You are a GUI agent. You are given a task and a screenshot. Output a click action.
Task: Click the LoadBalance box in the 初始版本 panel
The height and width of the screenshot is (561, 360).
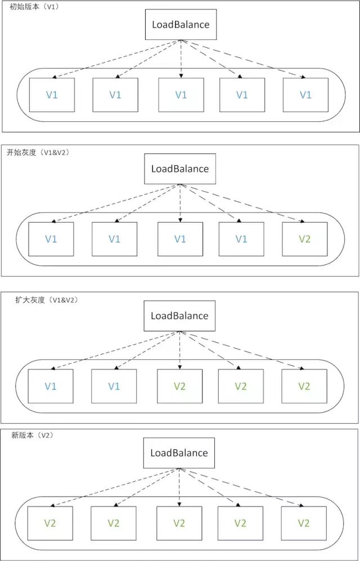pyautogui.click(x=181, y=25)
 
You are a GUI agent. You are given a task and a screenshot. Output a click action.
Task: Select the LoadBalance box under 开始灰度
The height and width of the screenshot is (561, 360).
pyautogui.click(x=180, y=169)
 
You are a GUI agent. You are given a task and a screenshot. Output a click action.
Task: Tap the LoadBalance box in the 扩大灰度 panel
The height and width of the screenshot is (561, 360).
pyautogui.click(x=179, y=315)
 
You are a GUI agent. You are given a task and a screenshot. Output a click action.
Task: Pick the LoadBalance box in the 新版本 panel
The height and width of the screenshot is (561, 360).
pyautogui.click(x=179, y=453)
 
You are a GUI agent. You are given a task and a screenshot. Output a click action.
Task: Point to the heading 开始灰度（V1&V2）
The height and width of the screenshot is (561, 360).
pyautogui.click(x=37, y=152)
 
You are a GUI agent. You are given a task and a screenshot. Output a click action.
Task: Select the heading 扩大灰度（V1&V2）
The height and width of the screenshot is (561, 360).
pyautogui.click(x=46, y=300)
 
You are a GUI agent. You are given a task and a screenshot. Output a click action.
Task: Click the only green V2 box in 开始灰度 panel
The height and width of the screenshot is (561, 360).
pyautogui.click(x=304, y=239)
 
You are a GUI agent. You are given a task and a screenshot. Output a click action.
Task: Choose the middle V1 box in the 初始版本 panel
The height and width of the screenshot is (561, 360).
pyautogui.click(x=181, y=95)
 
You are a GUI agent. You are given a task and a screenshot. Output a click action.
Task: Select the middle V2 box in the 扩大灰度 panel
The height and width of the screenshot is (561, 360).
pyautogui.click(x=241, y=386)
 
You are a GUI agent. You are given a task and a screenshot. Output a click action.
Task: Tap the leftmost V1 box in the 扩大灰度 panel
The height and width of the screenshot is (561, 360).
pyautogui.click(x=51, y=386)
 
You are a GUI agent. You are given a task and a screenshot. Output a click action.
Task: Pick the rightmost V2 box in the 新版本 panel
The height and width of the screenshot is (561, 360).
pyautogui.click(x=304, y=523)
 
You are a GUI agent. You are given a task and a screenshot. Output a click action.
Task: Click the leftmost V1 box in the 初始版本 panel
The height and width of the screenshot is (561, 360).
pyautogui.click(x=52, y=95)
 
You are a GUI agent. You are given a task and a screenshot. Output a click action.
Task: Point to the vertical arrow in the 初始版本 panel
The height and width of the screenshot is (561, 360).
pyautogui.click(x=181, y=59)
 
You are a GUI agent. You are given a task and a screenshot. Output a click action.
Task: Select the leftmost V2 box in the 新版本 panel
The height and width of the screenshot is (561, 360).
pyautogui.click(x=51, y=523)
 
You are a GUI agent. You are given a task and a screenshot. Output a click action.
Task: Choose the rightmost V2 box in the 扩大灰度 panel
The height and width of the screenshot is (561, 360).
pyautogui.click(x=304, y=386)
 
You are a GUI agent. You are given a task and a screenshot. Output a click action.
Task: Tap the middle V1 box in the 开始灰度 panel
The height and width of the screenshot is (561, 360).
pyautogui.click(x=180, y=239)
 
